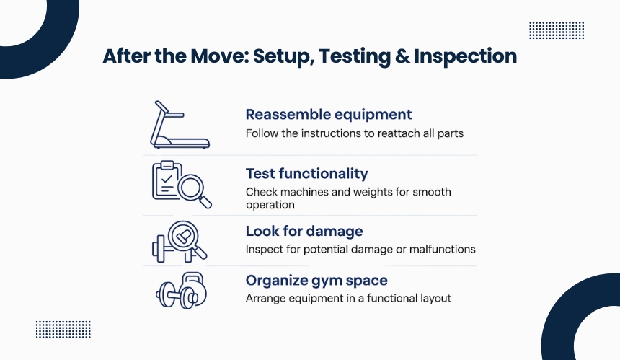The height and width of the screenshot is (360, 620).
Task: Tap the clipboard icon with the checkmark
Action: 166,180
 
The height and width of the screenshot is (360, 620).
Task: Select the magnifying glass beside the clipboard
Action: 193,189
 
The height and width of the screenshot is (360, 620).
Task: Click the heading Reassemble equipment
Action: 329,114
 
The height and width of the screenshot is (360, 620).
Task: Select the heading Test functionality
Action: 307,173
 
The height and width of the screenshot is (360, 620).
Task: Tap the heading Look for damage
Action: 304,231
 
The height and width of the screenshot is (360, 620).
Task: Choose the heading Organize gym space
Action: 316,280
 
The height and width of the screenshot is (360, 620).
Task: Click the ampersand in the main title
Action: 402,56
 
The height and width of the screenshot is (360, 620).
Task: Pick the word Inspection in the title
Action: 466,56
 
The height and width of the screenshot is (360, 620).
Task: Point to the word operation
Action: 270,205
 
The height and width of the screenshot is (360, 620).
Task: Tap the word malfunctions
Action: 443,249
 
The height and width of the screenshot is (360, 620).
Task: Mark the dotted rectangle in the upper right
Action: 557,30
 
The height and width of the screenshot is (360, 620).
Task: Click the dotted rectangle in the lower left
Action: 63,330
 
